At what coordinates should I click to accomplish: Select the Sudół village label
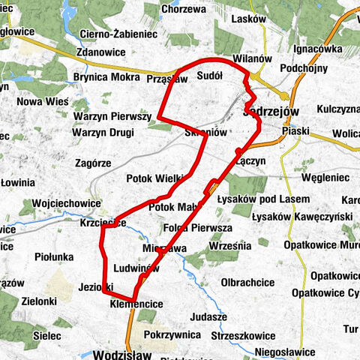click(x=209, y=75)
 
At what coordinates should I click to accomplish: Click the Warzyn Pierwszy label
click(x=112, y=117)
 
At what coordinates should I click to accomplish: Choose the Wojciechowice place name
click(x=66, y=203)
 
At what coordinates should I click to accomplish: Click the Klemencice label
click(x=136, y=305)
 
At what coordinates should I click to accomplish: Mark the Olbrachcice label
click(x=247, y=282)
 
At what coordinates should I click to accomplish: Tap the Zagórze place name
click(x=94, y=162)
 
